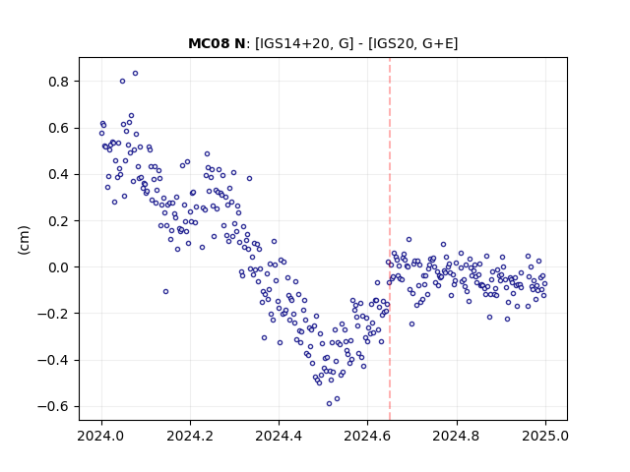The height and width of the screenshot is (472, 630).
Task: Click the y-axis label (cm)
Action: tap(24, 240)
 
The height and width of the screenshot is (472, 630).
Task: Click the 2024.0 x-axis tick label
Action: tap(101, 436)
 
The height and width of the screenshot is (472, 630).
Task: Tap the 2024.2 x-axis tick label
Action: tap(190, 436)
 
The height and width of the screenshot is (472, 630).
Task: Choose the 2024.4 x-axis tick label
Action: tap(279, 436)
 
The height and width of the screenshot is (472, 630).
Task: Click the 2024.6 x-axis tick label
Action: tap(367, 436)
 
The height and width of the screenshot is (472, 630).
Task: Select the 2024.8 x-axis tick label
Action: tap(457, 436)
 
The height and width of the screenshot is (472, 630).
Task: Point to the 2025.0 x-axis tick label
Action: tap(545, 436)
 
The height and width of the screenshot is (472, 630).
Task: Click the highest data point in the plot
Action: tap(136, 74)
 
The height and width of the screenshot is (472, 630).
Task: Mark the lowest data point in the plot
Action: tap(329, 404)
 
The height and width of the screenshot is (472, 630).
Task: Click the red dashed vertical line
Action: tap(390, 239)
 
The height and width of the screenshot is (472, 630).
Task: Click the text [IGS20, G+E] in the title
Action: tap(412, 43)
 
